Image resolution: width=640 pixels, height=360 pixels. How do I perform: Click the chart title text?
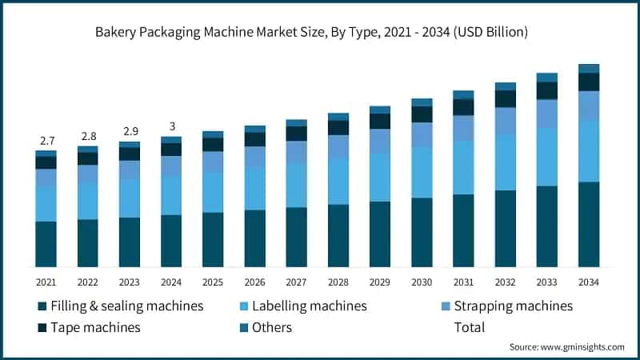[x=320, y=33]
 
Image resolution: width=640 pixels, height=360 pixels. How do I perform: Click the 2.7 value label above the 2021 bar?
[x=46, y=141]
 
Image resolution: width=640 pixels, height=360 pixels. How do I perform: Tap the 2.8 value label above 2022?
[x=88, y=136]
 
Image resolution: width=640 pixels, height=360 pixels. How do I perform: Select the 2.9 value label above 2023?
[x=130, y=131]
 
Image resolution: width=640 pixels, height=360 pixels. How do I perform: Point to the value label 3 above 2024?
[x=171, y=126]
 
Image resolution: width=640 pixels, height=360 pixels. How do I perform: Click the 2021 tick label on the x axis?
[x=46, y=282]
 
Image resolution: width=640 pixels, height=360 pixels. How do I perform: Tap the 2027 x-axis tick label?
[x=297, y=282]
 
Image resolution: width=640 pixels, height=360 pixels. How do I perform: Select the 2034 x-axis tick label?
[x=589, y=282]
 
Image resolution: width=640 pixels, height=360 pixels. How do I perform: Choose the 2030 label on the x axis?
[x=422, y=282]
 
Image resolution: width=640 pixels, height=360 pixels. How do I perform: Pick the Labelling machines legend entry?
[x=309, y=306]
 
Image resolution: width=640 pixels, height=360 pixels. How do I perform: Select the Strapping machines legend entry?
[x=513, y=306]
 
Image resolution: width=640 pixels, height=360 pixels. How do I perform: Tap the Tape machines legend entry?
[x=94, y=327]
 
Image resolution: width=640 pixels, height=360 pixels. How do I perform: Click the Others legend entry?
[x=271, y=327]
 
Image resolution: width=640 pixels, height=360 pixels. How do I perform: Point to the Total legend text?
[x=469, y=327]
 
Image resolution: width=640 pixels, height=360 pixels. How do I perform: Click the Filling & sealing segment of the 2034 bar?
[x=589, y=224]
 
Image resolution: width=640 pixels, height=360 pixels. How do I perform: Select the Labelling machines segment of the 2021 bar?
[x=46, y=204]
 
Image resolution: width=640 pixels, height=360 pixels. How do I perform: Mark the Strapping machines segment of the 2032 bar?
[x=505, y=121]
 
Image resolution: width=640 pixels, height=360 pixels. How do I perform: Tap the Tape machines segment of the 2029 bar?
[x=380, y=121]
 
